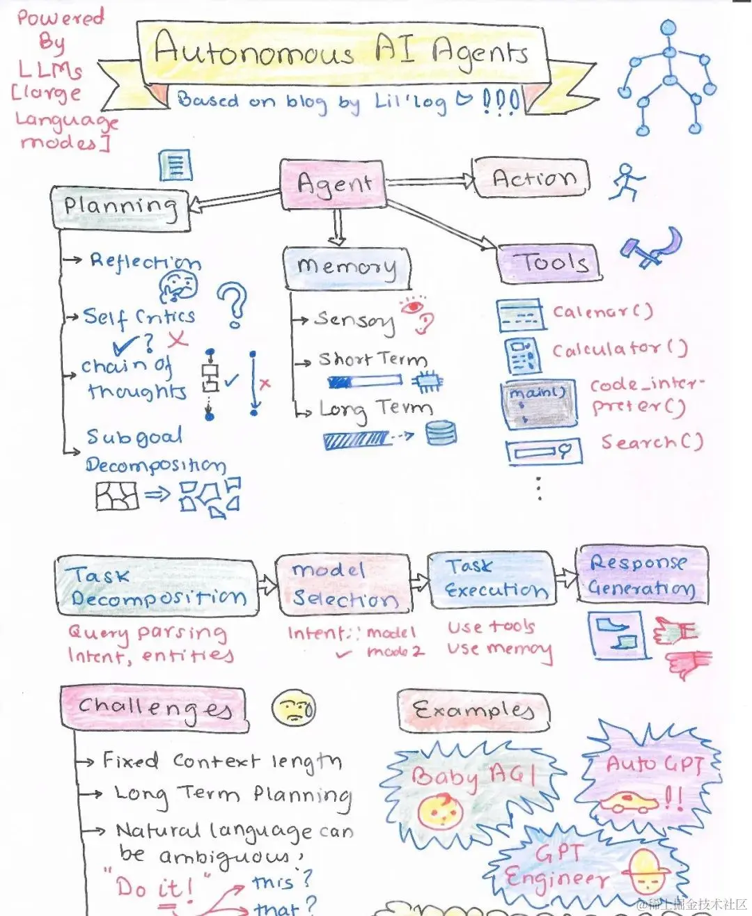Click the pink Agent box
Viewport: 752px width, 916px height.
tap(333, 184)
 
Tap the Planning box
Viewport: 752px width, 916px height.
tap(120, 207)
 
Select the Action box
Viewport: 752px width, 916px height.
tap(531, 179)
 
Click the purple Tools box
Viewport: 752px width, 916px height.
tap(549, 263)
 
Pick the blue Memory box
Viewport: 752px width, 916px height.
tap(347, 267)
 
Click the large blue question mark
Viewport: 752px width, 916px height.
tap(233, 305)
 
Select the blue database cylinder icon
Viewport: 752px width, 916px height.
tap(441, 433)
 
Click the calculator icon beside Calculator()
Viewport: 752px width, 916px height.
tap(522, 355)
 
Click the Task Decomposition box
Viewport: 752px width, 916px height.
tap(156, 586)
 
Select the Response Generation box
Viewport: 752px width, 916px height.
tap(641, 574)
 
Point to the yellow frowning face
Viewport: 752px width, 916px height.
tap(293, 709)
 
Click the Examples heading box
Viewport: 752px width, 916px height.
tap(473, 711)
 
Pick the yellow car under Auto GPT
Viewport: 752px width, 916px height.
tap(629, 803)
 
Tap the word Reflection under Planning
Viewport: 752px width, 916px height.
tap(146, 262)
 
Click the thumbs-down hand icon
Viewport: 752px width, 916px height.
tap(689, 663)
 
